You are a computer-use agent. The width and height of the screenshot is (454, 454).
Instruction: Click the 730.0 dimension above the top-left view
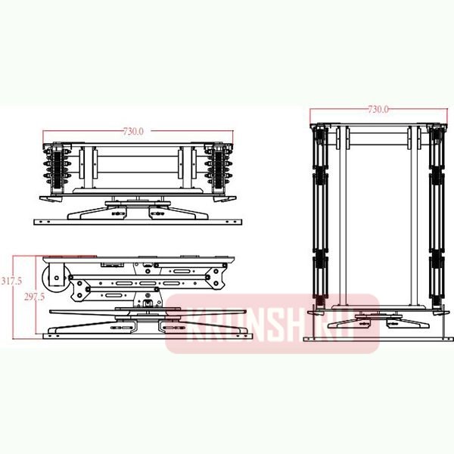[x=133, y=132]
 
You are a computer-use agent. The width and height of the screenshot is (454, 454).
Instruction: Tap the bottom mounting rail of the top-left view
[x=141, y=221]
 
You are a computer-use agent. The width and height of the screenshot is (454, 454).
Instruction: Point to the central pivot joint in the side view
[x=148, y=304]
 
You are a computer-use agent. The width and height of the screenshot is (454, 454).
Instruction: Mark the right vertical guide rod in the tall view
[x=412, y=219]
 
